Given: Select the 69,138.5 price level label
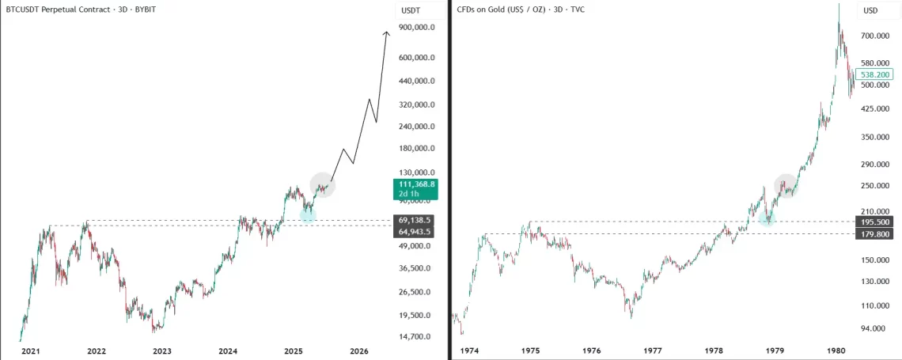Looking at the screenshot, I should click(x=415, y=219).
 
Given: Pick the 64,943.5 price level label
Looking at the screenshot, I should click(x=415, y=231).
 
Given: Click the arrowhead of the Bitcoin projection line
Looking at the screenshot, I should click(x=387, y=32).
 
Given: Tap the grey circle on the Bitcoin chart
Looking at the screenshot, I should click(x=323, y=185).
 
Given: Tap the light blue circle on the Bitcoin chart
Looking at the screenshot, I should click(x=308, y=214).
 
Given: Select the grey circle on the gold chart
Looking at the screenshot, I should click(x=786, y=186).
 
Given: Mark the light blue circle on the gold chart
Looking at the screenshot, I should click(x=766, y=218).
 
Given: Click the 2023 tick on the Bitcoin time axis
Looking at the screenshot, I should click(x=162, y=351).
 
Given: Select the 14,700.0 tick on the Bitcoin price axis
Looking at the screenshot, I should click(x=415, y=336).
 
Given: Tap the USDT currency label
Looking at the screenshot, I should click(x=411, y=10).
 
